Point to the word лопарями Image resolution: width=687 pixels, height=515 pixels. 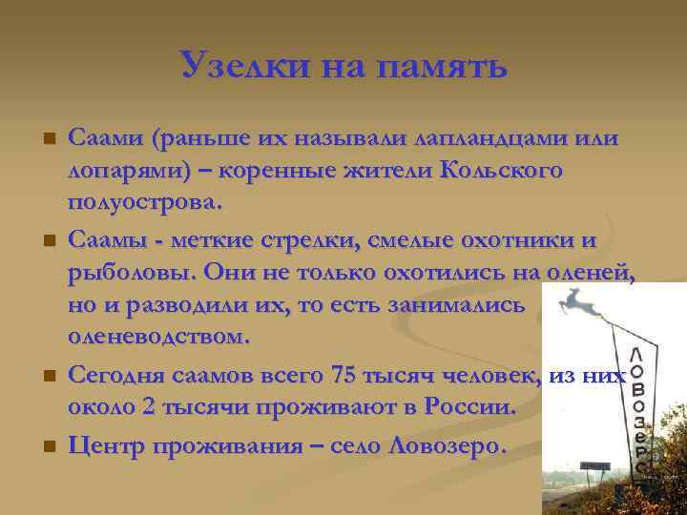127,171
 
